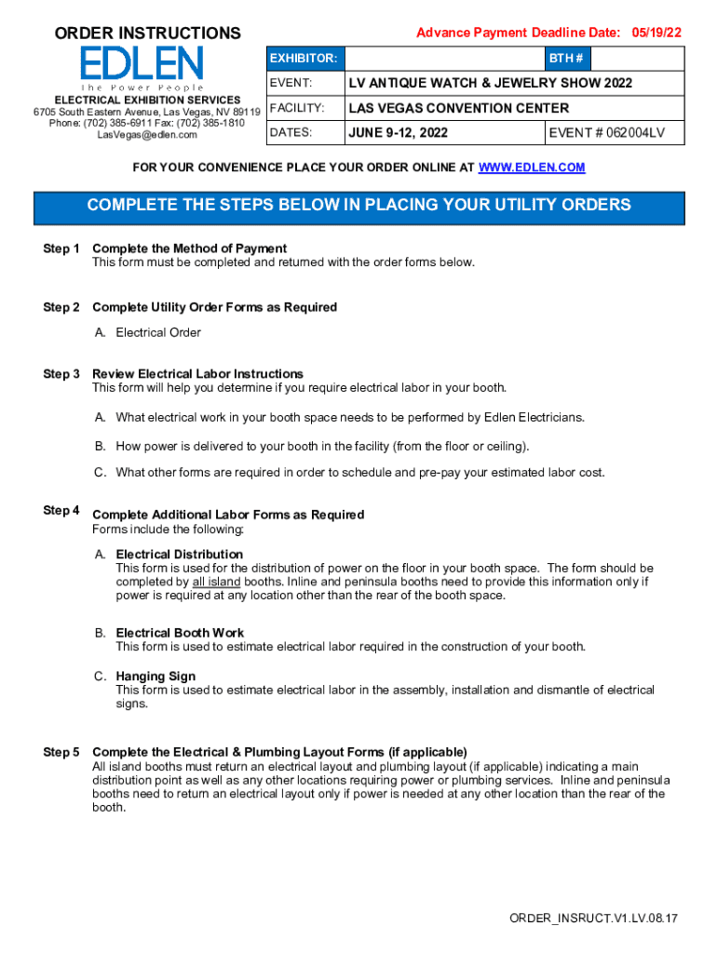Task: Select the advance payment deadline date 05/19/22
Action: [656, 33]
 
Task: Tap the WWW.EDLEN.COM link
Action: [532, 168]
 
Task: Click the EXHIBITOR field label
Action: [304, 59]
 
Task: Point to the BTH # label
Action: [566, 59]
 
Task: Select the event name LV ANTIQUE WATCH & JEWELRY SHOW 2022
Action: [490, 84]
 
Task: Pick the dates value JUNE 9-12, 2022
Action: [398, 133]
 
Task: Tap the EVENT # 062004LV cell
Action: [607, 133]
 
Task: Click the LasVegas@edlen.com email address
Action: [147, 135]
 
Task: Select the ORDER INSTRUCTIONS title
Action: [147, 34]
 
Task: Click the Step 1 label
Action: [61, 248]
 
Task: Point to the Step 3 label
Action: [61, 374]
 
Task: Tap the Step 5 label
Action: [61, 752]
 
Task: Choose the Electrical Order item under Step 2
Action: [158, 332]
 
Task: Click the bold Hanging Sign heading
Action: [156, 677]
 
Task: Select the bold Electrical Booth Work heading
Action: [180, 633]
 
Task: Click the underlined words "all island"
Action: [216, 583]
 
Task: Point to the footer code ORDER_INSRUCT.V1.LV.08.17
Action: [593, 919]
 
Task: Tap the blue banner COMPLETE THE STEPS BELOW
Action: [358, 206]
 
